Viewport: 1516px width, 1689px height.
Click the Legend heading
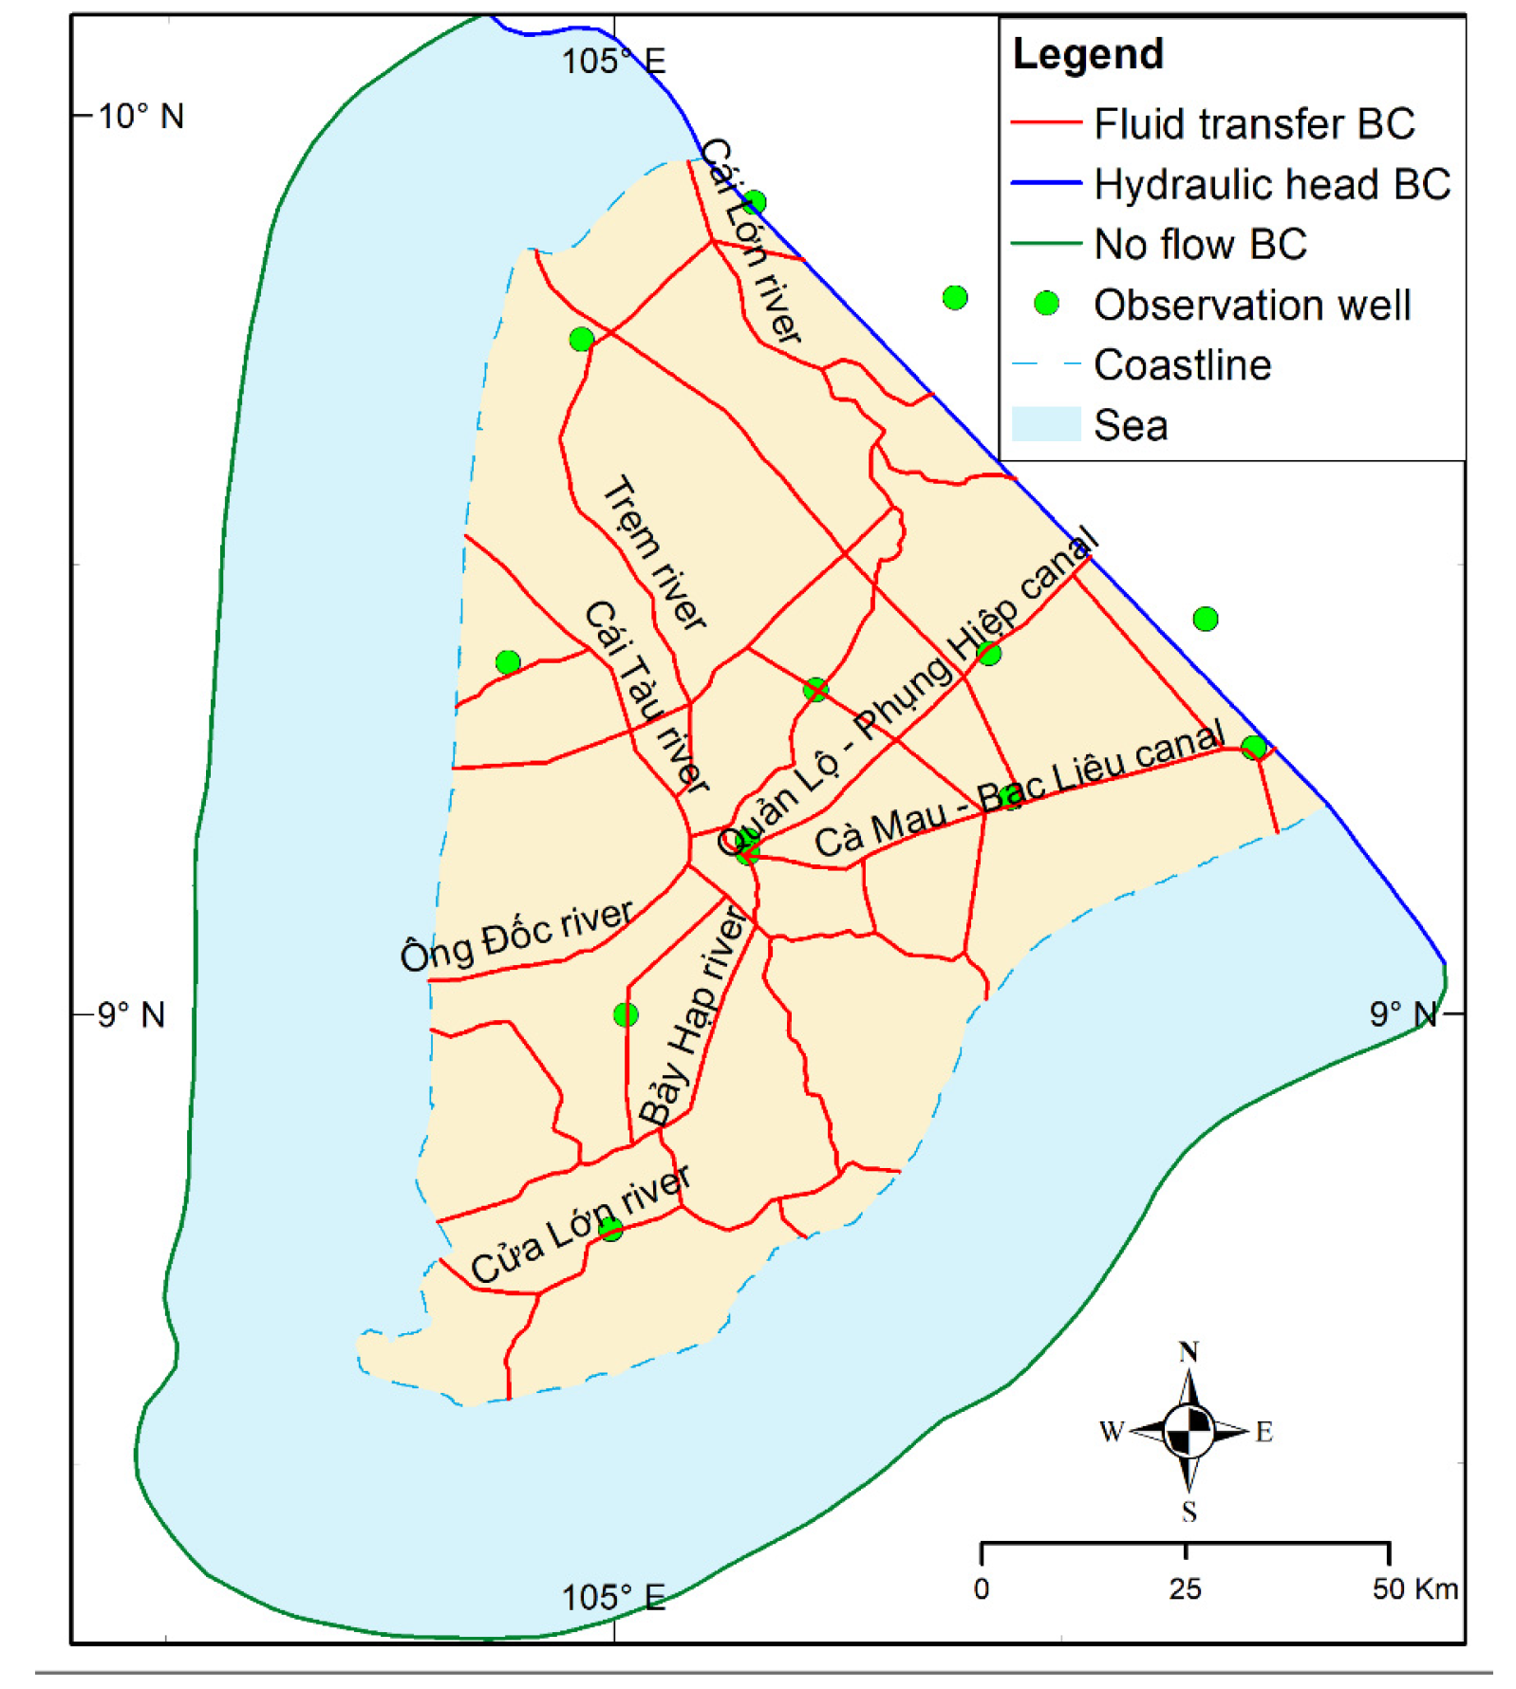1087,54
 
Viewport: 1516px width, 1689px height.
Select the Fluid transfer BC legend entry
1253,124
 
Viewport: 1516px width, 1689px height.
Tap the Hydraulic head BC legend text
1271,184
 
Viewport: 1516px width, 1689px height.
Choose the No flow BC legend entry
1200,245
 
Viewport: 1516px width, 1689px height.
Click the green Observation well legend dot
1045,304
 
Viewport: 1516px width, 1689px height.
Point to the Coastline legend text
1182,365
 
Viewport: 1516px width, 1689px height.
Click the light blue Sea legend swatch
1045,424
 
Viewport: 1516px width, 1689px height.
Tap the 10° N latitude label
140,117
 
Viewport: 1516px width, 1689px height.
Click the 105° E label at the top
613,62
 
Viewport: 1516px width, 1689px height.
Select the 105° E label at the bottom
613,1598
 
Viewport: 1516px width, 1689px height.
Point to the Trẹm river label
654,552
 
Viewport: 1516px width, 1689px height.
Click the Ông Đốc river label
516,936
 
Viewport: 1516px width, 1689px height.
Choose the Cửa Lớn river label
580,1224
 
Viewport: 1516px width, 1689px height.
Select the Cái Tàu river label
646,697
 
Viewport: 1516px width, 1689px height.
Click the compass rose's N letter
1188,1352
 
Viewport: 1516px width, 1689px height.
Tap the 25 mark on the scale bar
1185,1588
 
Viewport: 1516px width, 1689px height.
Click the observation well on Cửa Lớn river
610,1230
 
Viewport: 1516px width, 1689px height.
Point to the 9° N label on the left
131,1014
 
